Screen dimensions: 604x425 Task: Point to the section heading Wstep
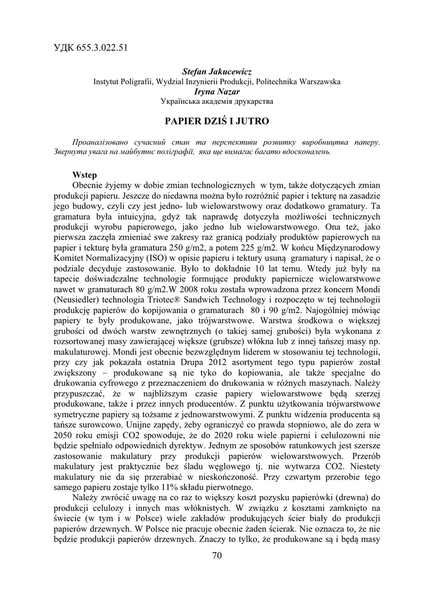(84, 175)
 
